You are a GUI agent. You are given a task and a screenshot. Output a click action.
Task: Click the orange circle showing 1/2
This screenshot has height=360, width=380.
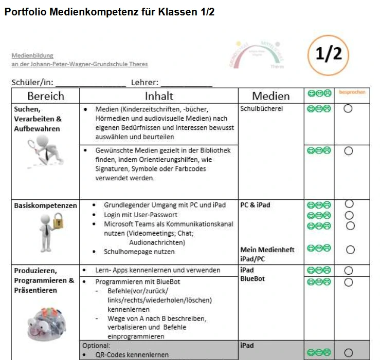(x=329, y=55)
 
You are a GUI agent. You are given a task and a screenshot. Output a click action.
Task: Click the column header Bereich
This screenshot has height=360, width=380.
(x=46, y=96)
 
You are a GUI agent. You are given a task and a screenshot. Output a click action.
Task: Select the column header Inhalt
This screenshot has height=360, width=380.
(x=159, y=96)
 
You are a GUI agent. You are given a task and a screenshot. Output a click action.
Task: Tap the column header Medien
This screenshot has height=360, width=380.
(x=270, y=96)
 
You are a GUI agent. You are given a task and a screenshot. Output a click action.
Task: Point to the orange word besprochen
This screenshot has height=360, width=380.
(x=352, y=92)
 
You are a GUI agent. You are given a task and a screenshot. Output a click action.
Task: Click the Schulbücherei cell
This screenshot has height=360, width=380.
(x=261, y=109)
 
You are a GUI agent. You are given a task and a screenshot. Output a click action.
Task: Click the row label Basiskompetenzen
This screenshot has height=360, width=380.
(x=46, y=205)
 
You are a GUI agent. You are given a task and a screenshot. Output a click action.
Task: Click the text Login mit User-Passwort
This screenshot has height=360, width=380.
(x=140, y=214)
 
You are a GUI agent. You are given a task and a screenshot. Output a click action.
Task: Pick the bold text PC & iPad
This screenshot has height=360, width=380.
(x=255, y=205)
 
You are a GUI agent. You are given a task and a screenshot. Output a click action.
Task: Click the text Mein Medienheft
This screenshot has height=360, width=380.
(x=267, y=250)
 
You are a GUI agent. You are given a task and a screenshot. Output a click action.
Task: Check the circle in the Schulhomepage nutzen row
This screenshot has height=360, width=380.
(x=350, y=250)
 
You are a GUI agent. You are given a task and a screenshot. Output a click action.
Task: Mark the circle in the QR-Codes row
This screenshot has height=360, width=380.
(x=349, y=352)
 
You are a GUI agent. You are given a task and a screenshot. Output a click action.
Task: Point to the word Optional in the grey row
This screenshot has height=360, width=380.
(x=96, y=346)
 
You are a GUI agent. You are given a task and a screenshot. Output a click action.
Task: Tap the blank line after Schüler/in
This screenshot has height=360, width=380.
(x=91, y=83)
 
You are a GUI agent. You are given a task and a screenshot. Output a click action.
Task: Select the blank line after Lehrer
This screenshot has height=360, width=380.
(x=186, y=83)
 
